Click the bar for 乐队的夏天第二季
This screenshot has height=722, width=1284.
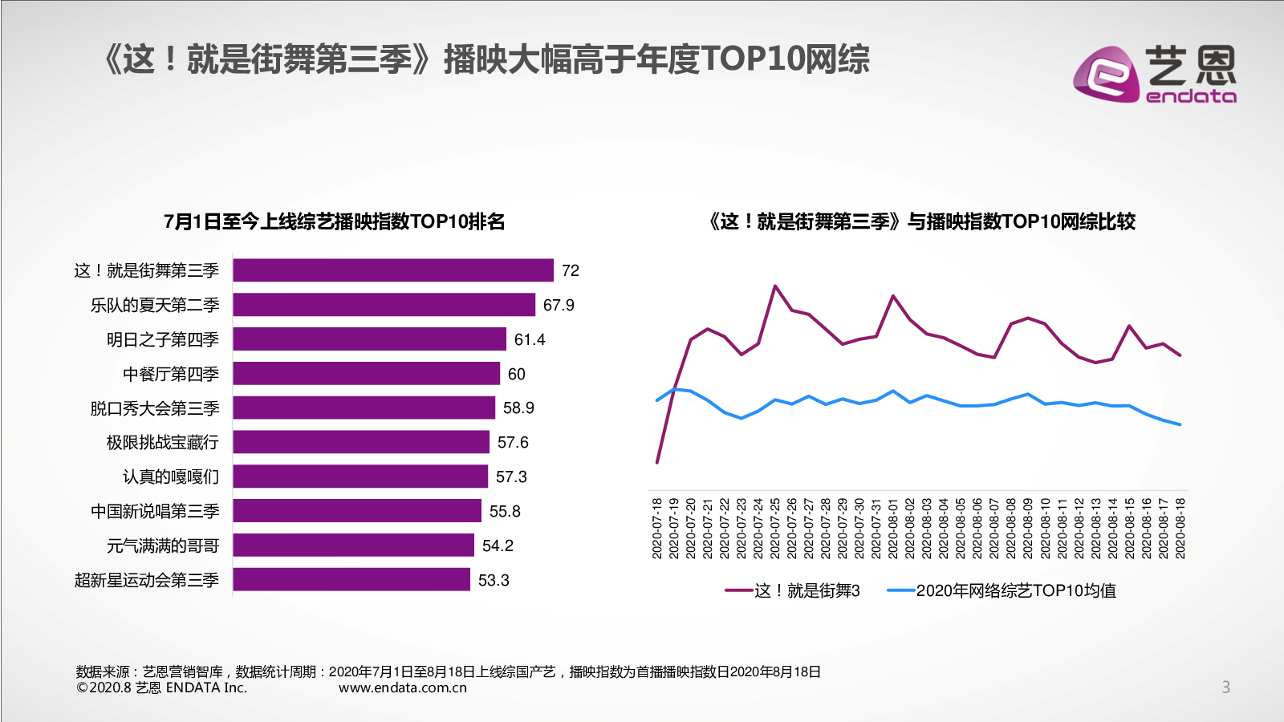tap(384, 305)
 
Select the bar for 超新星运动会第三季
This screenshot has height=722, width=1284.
tap(351, 579)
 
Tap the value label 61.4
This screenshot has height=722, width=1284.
tap(530, 339)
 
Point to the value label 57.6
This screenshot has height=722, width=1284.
tap(513, 442)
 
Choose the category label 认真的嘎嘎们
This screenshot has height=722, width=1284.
tap(171, 477)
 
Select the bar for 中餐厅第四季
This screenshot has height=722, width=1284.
tap(366, 374)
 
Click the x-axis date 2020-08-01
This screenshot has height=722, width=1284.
tap(893, 528)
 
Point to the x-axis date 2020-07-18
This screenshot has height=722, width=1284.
tap(657, 528)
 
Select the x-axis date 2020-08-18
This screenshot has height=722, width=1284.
tap(1180, 528)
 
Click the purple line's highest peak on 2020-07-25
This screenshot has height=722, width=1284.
tap(775, 286)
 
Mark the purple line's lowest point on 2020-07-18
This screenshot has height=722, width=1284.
tap(657, 462)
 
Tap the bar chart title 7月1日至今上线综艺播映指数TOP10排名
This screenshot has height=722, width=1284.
tap(335, 221)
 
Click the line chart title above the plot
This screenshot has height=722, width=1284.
tap(921, 221)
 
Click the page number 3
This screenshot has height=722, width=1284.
tap(1225, 687)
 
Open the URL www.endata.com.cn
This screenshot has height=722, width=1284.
tap(403, 688)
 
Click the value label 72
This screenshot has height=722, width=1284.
tap(571, 270)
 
